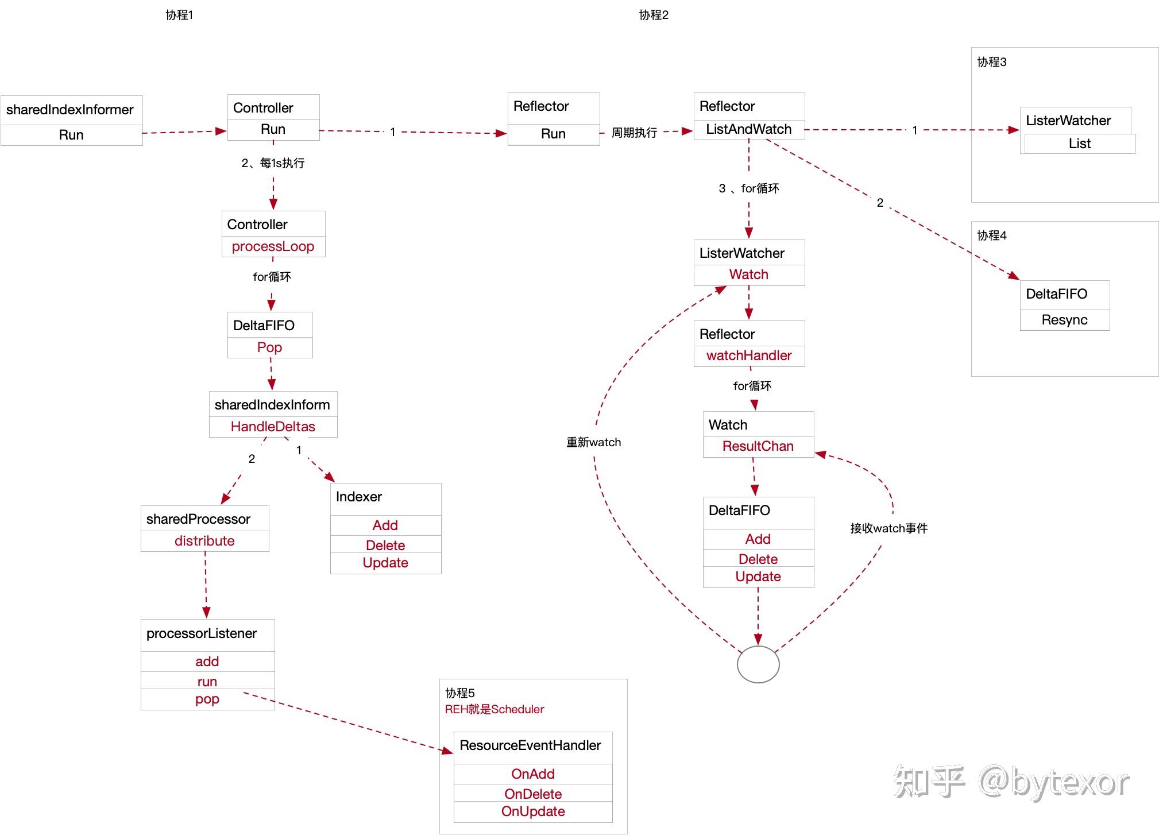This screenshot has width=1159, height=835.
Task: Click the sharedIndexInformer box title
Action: point(70,110)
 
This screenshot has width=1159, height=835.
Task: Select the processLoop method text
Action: point(273,246)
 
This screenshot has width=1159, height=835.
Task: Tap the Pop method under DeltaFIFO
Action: point(269,347)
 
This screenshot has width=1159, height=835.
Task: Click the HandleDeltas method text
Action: point(273,427)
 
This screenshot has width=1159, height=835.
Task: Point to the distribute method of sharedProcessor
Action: point(204,541)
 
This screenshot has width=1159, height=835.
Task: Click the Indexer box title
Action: point(359,497)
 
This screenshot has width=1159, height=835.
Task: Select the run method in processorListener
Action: point(207,682)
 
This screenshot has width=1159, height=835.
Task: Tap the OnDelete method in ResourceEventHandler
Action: point(533,794)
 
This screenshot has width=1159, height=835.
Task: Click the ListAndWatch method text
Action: point(749,129)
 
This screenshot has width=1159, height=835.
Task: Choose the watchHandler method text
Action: point(749,355)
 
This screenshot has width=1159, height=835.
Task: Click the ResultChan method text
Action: point(758,446)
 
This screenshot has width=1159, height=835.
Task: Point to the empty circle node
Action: point(758,664)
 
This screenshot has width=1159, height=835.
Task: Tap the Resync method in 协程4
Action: point(1064,320)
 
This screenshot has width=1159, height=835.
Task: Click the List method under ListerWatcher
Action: point(1080,144)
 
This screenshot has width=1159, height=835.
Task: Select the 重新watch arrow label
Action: point(594,442)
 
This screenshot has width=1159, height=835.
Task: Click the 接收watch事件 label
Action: point(889,528)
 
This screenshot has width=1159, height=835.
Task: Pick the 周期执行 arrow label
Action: point(634,133)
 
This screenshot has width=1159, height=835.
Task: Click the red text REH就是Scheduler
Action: point(494,709)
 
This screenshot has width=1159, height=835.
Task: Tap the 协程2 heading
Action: point(654,15)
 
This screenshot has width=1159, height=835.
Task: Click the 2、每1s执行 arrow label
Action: point(273,163)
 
